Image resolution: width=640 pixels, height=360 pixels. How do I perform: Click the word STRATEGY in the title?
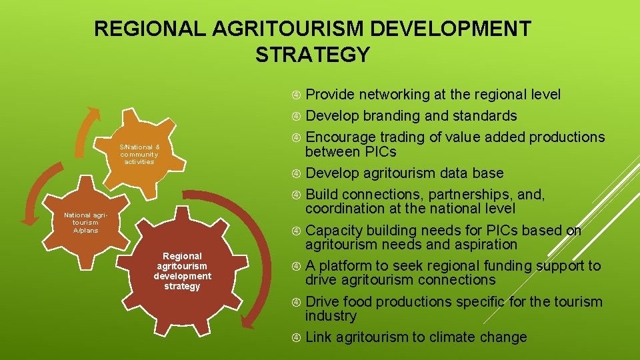(x=312, y=54)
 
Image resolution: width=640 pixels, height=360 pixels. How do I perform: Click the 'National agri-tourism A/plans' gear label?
(x=81, y=223)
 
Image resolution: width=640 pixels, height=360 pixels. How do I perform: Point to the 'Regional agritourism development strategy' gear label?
(x=182, y=271)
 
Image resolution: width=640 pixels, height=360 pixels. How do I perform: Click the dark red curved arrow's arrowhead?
(x=248, y=323)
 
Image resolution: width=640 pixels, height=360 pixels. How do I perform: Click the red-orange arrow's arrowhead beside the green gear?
(x=28, y=216)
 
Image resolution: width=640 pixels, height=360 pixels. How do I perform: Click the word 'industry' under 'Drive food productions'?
(x=331, y=316)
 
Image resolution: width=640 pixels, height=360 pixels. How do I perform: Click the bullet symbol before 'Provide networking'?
(x=296, y=95)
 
